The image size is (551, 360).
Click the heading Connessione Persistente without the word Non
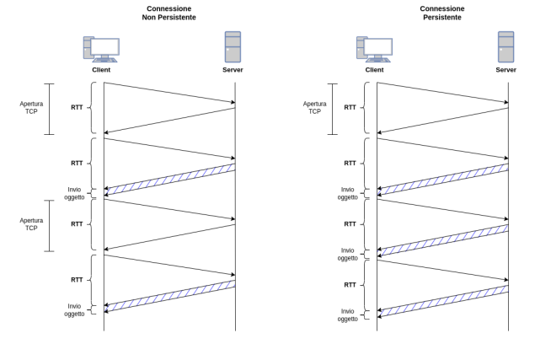pos(442,12)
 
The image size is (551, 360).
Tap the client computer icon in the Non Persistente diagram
pos(100,48)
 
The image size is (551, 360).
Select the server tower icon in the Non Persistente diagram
pos(233,46)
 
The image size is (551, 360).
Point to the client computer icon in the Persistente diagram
pos(373,48)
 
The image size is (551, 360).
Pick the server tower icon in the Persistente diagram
pos(506,46)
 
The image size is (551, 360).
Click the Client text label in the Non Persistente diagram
pos(101,70)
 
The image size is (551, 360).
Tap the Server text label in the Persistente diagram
pos(506,70)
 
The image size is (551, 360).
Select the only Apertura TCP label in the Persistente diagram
pos(314,108)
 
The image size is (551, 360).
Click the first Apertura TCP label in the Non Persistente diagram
pos(31,108)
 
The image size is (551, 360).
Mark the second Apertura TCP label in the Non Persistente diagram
pos(31,223)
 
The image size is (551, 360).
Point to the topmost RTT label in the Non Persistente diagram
pos(77,108)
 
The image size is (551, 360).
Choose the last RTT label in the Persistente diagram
pos(350,284)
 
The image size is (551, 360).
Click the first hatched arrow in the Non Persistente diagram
pos(169,179)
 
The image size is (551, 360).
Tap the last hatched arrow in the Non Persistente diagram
pos(169,295)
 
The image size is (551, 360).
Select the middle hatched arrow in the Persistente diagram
pos(442,239)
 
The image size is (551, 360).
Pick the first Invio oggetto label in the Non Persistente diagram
pos(74,193)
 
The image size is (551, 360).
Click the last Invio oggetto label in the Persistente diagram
pos(347,314)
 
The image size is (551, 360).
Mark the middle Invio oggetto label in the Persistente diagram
pos(347,254)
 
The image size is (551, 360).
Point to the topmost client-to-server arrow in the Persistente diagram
pos(442,94)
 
